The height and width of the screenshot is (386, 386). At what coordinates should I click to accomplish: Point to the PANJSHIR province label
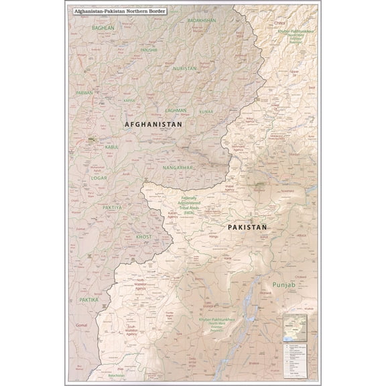(x=148, y=50)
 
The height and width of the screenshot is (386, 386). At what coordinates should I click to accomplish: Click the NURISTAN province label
(x=184, y=68)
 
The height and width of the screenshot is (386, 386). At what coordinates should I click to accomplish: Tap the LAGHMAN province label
(x=174, y=107)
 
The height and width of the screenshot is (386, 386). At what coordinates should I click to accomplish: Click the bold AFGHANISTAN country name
(x=153, y=125)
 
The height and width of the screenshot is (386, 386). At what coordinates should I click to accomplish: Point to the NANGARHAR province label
(x=177, y=166)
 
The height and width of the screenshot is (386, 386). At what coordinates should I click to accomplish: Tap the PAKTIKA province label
(x=88, y=299)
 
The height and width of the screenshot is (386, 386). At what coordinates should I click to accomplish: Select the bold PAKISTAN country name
(x=247, y=228)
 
